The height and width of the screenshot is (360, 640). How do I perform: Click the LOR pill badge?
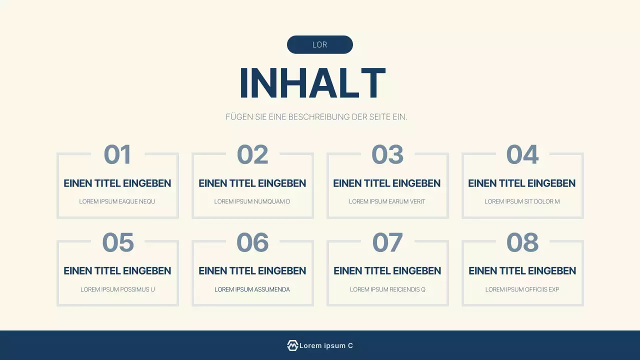(319, 44)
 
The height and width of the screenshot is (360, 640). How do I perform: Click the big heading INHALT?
(312, 83)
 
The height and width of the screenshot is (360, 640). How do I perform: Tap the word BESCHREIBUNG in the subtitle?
(318, 117)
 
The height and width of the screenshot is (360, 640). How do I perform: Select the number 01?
(117, 154)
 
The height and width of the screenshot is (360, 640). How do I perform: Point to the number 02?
(252, 154)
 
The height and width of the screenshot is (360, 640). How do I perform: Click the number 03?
(387, 154)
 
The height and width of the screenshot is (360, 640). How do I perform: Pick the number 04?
(522, 154)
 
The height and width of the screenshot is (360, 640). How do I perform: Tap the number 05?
(118, 242)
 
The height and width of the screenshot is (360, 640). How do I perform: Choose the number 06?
(252, 242)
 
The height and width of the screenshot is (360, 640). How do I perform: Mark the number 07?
(387, 242)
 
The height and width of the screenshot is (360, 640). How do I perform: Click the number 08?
(522, 242)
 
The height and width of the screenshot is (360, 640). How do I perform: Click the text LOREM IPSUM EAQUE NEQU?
(117, 201)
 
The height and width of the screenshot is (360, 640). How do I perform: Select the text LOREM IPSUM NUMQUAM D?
(252, 201)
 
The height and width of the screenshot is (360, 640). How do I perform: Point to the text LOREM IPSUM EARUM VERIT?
(387, 201)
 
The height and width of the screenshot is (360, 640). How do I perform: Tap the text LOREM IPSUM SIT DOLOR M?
(522, 201)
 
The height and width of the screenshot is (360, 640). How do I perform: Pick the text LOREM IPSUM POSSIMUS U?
(117, 289)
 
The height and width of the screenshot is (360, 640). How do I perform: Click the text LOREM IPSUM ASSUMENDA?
(252, 289)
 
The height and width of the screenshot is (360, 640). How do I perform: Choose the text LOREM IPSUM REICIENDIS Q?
(387, 289)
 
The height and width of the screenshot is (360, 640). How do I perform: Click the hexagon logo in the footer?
(292, 345)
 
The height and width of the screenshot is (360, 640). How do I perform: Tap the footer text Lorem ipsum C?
(326, 345)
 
